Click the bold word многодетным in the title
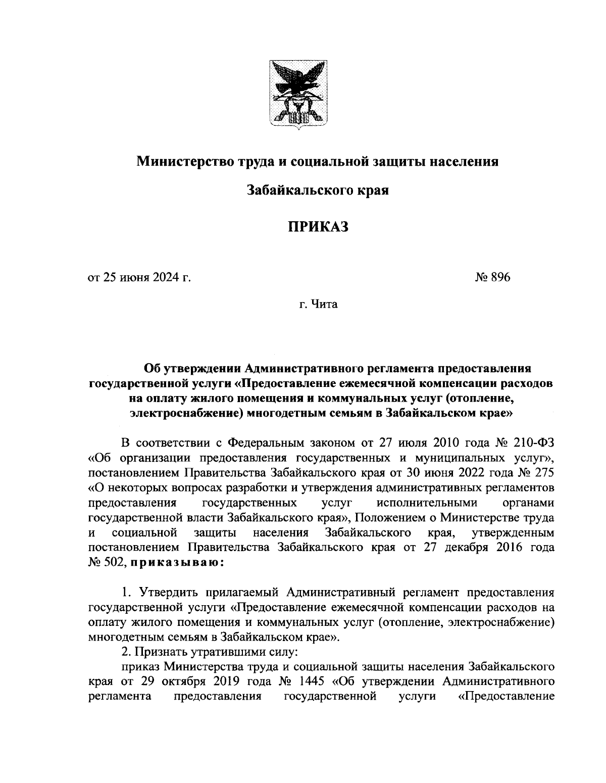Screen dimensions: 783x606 pos(288,413)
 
